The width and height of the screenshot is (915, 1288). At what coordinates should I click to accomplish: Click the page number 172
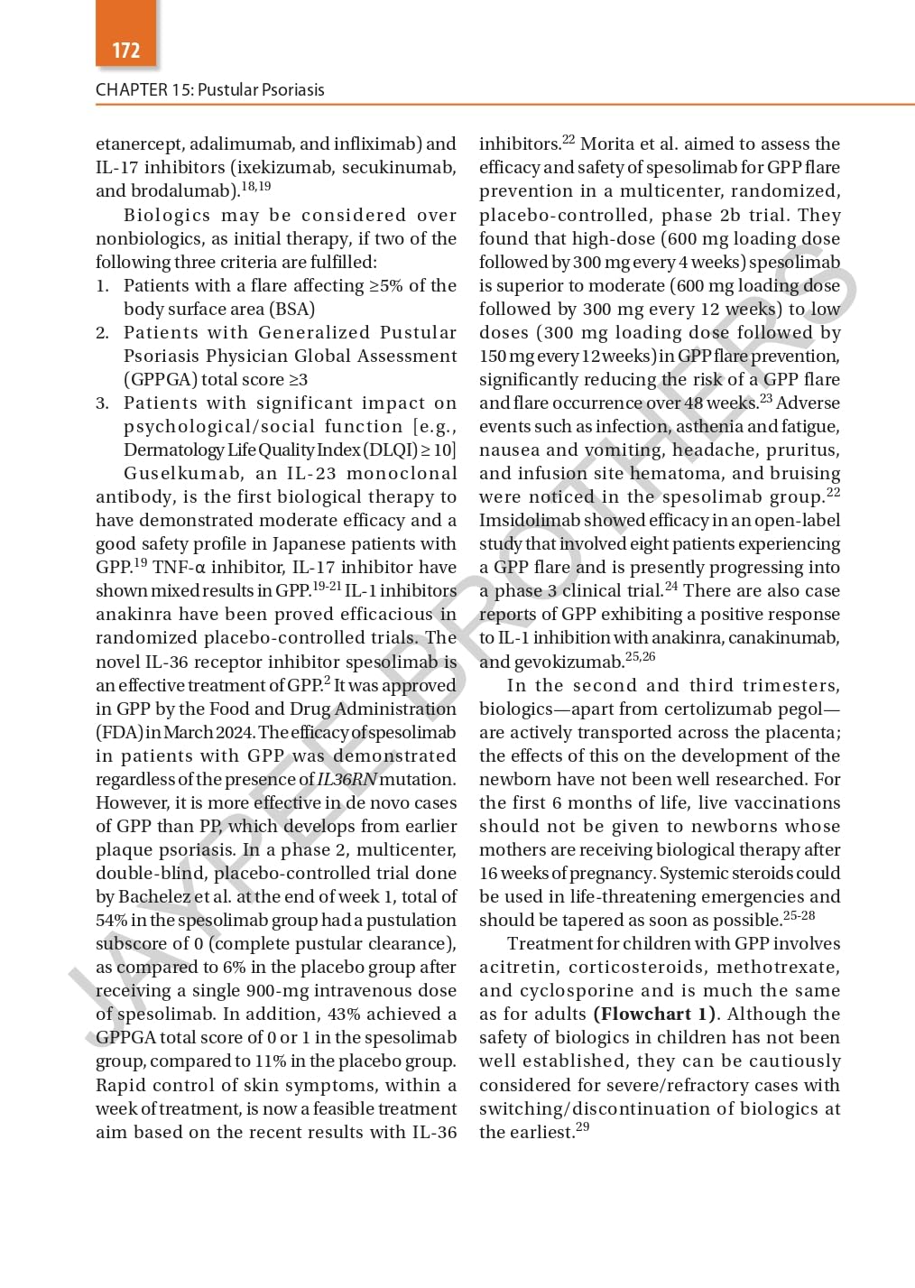126,51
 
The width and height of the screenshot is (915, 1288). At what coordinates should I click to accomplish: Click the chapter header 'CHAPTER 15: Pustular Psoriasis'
209,89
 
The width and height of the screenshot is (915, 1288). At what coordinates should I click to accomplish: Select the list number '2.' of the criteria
103,333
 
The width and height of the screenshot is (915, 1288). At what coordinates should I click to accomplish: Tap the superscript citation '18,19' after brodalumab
256,187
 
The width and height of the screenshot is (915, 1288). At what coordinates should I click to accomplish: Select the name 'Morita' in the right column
607,144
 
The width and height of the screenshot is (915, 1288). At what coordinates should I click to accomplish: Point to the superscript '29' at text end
582,1127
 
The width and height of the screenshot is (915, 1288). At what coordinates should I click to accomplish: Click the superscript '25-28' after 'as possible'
799,916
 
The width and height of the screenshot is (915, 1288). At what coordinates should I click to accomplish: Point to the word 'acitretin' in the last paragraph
515,968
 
